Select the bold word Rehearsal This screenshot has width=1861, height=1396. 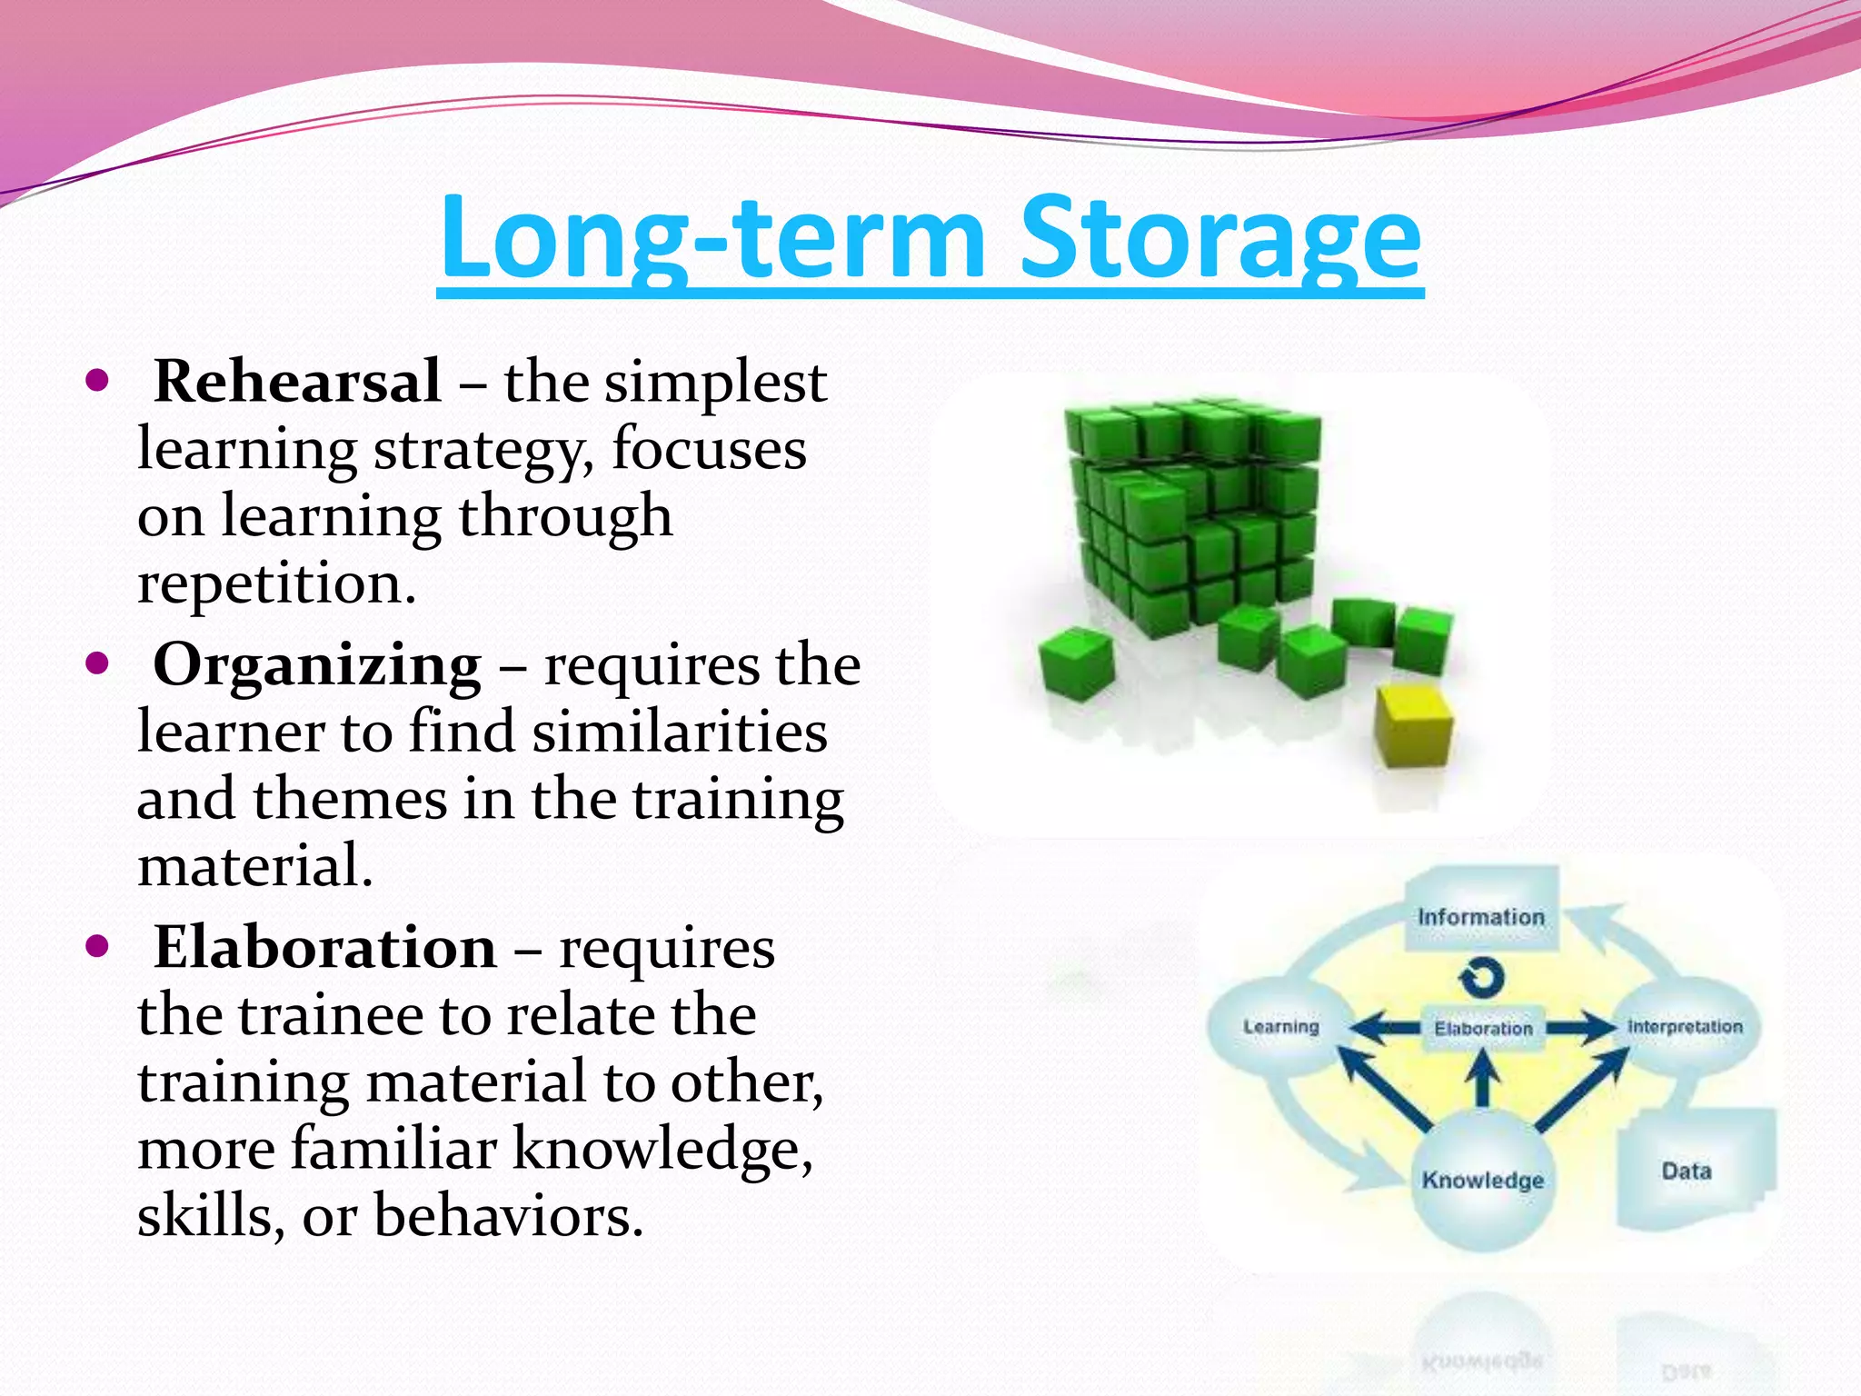pos(297,382)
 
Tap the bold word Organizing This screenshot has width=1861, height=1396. pos(317,665)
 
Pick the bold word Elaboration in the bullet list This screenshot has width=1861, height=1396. pos(324,948)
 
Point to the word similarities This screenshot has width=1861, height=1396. pos(680,733)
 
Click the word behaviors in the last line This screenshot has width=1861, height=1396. pos(507,1216)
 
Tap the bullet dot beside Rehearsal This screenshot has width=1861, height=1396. pos(96,379)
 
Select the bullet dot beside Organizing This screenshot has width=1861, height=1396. pos(96,663)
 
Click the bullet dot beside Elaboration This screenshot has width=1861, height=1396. pos(96,946)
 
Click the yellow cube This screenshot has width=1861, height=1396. pos(1413,727)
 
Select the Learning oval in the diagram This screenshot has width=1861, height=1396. pos(1280,1027)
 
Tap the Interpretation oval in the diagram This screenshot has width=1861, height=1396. pos(1686,1027)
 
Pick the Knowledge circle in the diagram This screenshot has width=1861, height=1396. pos(1482,1180)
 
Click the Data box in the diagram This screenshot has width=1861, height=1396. pos(1687,1171)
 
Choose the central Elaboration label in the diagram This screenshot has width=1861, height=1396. pos(1483,1028)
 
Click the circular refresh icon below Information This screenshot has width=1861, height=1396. pos(1482,978)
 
